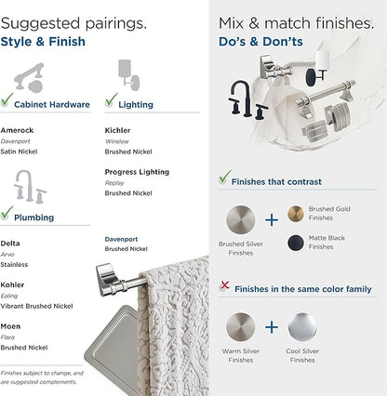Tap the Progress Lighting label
point(137,172)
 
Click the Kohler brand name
point(13,285)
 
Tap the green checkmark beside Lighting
point(112,99)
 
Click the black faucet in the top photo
point(246,99)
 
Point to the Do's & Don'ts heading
point(260,42)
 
